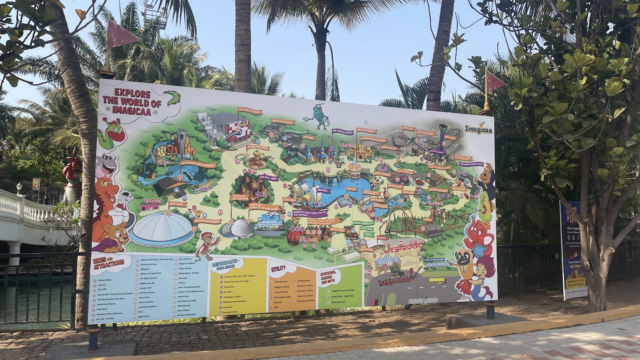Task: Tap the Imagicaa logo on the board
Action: [x=478, y=129]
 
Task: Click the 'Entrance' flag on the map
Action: [x=382, y=238]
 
